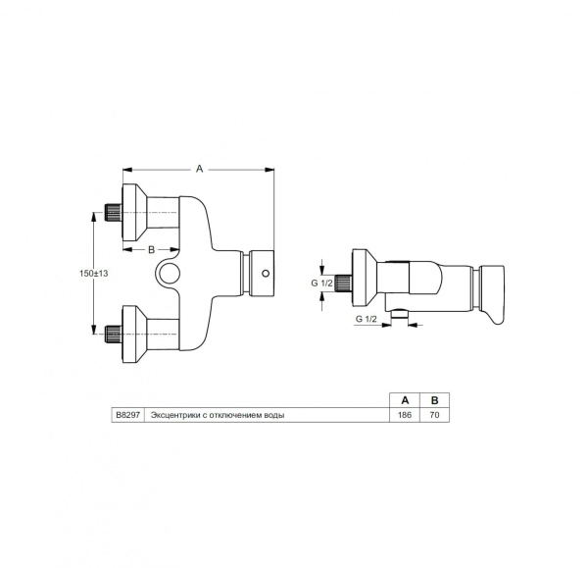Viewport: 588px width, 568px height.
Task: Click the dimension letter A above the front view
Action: coord(199,169)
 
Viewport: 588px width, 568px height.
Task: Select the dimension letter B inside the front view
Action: coord(152,250)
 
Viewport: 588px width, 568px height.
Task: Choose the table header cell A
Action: coord(406,400)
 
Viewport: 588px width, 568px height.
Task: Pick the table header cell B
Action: coord(434,400)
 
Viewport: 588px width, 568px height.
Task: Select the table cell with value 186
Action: coord(406,415)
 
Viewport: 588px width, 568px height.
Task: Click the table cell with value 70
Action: coord(434,415)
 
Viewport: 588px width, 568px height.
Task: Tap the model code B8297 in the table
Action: coord(129,415)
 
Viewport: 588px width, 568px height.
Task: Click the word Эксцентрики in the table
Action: coord(173,415)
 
